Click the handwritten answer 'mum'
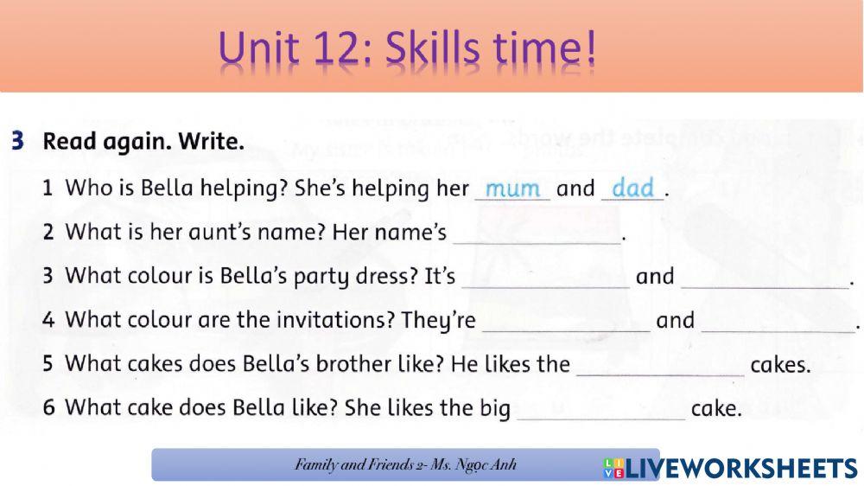coord(512,189)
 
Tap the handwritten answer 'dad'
coord(632,189)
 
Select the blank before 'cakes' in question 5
coord(659,366)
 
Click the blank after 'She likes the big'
coord(600,410)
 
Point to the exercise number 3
coord(17,141)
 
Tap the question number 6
coord(49,408)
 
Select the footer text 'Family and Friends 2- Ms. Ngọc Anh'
coord(405,465)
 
